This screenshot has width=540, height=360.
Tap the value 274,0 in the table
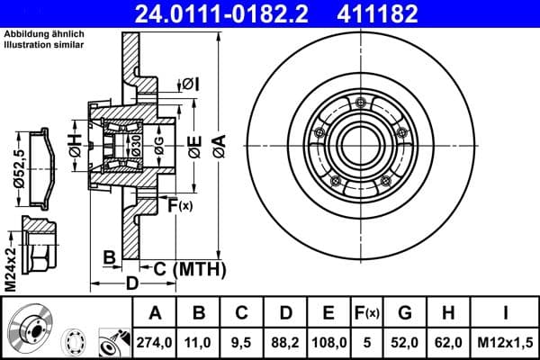(154, 341)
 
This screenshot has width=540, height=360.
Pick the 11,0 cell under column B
(199, 341)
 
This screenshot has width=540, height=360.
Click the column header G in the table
(406, 313)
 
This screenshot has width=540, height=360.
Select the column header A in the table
(154, 313)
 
